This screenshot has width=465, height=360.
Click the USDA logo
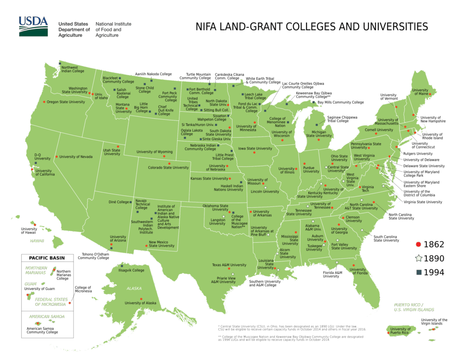click(33, 26)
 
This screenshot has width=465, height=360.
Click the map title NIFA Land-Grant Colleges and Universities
click(312, 26)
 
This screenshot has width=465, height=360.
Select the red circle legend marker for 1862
click(418, 245)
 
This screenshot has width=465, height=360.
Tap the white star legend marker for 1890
click(418, 259)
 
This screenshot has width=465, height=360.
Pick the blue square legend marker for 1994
click(418, 273)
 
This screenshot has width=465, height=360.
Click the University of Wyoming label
click(154, 152)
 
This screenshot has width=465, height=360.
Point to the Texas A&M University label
click(229, 265)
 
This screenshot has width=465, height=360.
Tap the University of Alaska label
click(140, 303)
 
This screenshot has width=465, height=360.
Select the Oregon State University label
click(66, 102)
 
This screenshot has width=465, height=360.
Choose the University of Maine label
click(420, 92)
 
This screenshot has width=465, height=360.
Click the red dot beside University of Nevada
click(57, 157)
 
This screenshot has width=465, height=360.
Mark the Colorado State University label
click(168, 168)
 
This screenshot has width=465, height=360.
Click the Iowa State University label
click(255, 149)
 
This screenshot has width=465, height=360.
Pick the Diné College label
click(119, 202)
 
